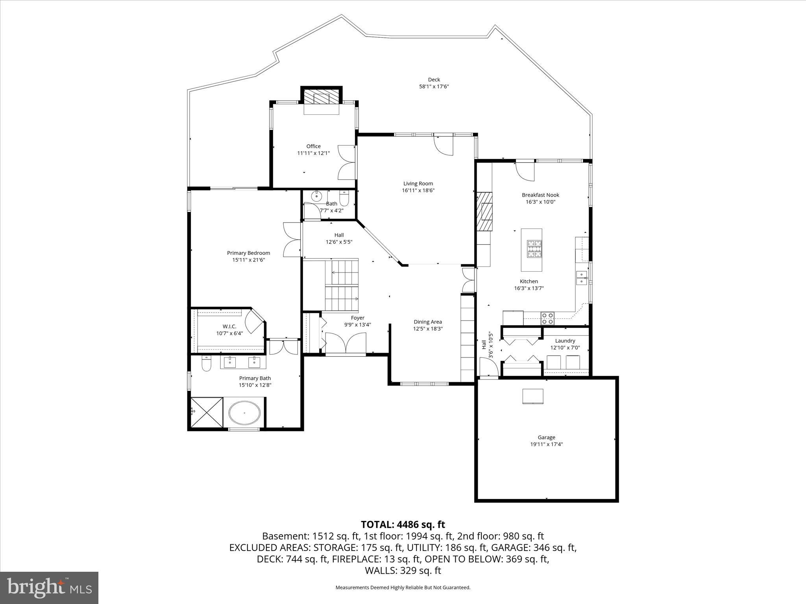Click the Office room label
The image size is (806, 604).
coord(313,146)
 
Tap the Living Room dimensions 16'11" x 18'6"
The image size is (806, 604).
coord(418,190)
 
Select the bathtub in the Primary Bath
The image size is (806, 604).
coord(244,413)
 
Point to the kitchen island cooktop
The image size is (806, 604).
coord(534,248)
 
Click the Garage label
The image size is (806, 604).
coord(546,437)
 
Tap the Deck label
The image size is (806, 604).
coord(434,79)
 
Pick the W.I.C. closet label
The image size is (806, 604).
coord(229,326)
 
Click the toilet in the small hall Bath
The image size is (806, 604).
coord(344,199)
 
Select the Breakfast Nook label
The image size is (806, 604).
coord(540,195)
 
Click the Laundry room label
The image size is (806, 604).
coord(565,341)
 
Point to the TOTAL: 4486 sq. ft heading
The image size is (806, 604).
coord(403,525)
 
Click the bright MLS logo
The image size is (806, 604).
coord(49,587)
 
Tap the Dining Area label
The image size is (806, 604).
coord(427,322)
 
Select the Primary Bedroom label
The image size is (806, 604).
coord(248,253)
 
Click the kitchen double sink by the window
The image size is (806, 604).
coord(581,278)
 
